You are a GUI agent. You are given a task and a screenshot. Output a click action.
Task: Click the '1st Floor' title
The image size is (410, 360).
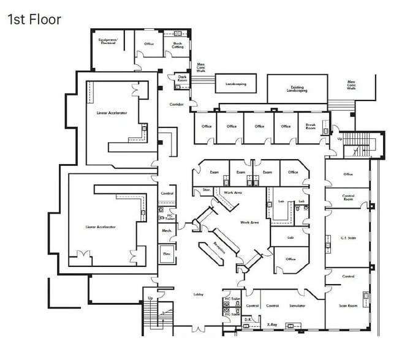[x=34, y=19]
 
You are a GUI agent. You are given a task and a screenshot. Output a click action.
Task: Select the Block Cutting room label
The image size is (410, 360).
[x=178, y=45]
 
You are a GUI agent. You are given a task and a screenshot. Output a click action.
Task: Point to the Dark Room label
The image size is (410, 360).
[x=182, y=78]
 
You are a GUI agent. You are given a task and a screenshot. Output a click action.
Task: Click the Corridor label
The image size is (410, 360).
[x=177, y=104]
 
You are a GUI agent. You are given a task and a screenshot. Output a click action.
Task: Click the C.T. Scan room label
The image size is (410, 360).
[x=347, y=237]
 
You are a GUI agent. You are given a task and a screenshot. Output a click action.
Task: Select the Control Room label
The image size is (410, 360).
[x=347, y=198]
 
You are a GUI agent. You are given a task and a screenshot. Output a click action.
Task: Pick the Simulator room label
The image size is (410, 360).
[x=297, y=305]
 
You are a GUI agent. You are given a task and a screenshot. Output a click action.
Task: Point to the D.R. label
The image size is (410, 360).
[x=248, y=320]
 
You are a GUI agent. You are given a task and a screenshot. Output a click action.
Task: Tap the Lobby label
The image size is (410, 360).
[x=199, y=294]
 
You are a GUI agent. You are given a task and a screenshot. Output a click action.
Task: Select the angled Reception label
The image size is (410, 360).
[x=219, y=247]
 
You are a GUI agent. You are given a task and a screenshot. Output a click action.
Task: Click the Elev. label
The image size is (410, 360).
[x=166, y=253]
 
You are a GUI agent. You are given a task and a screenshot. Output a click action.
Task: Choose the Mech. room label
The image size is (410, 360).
[x=166, y=231]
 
